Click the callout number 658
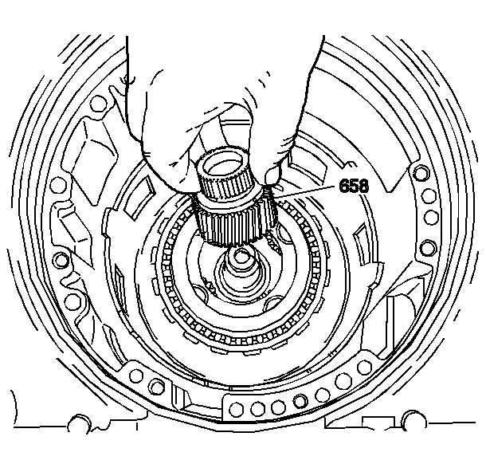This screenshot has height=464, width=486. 354,186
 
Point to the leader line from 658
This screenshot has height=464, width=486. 304,191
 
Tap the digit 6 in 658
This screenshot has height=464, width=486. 344,186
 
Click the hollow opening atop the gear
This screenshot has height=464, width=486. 225,163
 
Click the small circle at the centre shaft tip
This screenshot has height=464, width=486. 239,257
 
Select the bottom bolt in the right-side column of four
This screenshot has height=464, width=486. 429,246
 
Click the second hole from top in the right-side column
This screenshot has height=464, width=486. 429,196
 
